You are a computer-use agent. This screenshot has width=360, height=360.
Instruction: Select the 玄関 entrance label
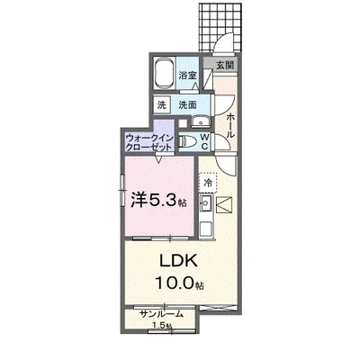click(x=224, y=65)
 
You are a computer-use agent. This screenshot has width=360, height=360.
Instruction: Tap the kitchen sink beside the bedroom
click(x=204, y=208)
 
